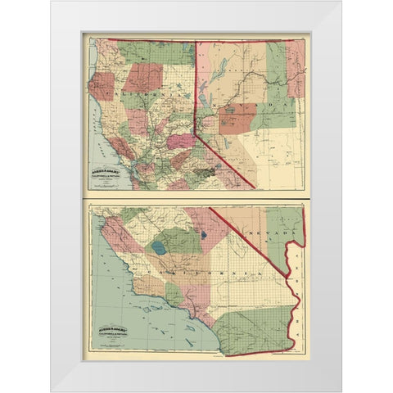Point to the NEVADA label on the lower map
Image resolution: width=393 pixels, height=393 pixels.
(273, 234)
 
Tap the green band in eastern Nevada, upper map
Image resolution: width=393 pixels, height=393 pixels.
(278, 115)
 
